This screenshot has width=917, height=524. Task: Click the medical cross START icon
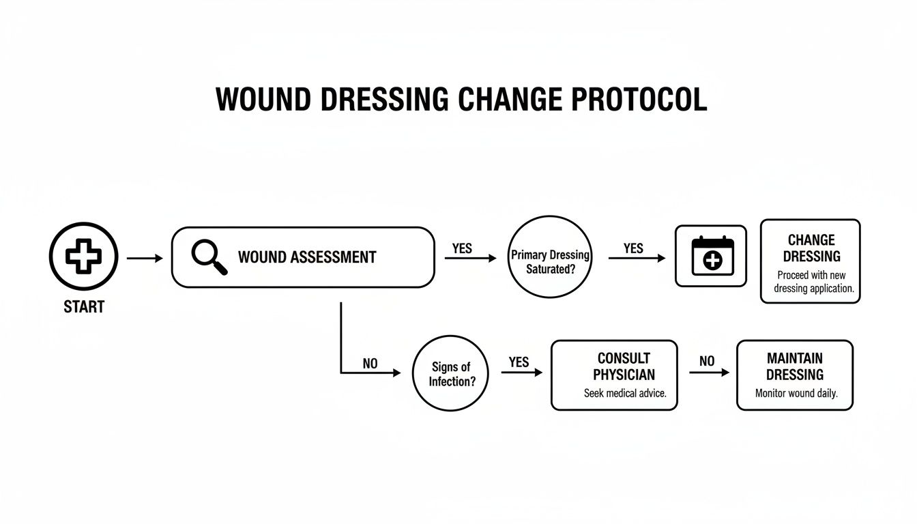(83, 257)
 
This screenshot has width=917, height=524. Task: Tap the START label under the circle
(84, 307)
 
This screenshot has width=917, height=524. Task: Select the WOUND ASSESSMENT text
(307, 257)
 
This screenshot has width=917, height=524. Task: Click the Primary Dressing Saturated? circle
(550, 262)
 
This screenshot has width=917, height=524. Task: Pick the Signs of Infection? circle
(451, 375)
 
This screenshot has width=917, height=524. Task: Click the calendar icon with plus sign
(712, 257)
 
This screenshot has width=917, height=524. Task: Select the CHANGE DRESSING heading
(811, 248)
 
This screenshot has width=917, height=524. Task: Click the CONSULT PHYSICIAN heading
(624, 366)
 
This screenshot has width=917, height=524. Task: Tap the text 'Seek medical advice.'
(624, 394)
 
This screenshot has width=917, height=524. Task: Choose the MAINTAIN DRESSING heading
(794, 366)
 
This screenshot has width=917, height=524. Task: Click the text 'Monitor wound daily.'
(796, 394)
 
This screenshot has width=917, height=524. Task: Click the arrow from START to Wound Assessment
(145, 258)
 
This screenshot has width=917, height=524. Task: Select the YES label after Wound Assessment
(462, 248)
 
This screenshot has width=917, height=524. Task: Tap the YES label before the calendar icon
(633, 248)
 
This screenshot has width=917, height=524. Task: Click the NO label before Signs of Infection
(370, 364)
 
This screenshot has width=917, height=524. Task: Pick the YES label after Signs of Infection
(519, 362)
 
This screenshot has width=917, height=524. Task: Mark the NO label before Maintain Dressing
(707, 362)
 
